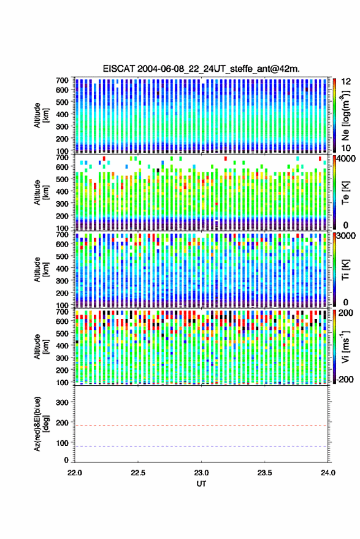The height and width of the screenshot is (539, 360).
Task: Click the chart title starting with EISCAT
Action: pyautogui.click(x=201, y=69)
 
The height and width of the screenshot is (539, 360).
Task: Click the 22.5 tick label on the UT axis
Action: pyautogui.click(x=138, y=473)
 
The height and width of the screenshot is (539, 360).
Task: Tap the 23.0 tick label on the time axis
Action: pyautogui.click(x=201, y=473)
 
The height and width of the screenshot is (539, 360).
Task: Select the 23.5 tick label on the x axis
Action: pyautogui.click(x=264, y=473)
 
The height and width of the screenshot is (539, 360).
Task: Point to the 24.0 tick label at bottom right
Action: pyautogui.click(x=327, y=473)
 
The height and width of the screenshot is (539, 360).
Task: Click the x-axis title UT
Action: pyautogui.click(x=201, y=484)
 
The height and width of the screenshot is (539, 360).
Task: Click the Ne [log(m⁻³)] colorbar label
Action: pyautogui.click(x=345, y=115)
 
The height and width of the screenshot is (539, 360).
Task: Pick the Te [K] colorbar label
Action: pyautogui.click(x=345, y=193)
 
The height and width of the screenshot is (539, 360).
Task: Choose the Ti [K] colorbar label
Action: pyautogui.click(x=345, y=270)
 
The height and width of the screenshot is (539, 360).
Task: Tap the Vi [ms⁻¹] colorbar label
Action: pyautogui.click(x=345, y=346)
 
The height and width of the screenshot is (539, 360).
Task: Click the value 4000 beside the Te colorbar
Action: pyautogui.click(x=347, y=159)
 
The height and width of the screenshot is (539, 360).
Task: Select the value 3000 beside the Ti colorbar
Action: pyautogui.click(x=347, y=236)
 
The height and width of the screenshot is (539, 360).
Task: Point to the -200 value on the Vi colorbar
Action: pyautogui.click(x=345, y=380)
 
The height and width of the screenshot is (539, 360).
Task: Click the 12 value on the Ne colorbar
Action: pyautogui.click(x=346, y=82)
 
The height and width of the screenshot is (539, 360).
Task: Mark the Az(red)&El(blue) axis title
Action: pyautogui.click(x=41, y=424)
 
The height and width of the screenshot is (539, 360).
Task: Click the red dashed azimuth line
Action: pyautogui.click(x=201, y=426)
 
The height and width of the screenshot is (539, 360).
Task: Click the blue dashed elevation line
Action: pyautogui.click(x=201, y=446)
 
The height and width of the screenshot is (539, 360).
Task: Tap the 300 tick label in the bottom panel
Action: pyautogui.click(x=62, y=402)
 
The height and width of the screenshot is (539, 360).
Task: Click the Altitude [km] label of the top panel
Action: pyautogui.click(x=41, y=115)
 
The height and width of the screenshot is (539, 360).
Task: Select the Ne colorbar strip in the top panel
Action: pyautogui.click(x=334, y=115)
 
